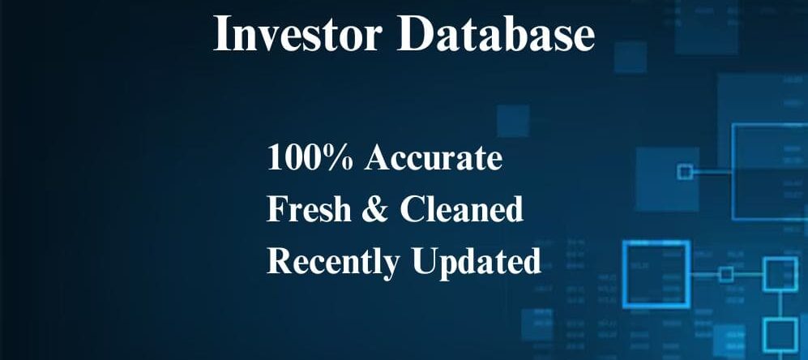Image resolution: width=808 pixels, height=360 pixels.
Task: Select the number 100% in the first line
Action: (310, 157)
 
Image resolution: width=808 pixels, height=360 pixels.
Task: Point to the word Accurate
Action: (433, 157)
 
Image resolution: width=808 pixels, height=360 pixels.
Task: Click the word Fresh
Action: (309, 209)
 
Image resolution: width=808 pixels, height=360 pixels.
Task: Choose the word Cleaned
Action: (461, 209)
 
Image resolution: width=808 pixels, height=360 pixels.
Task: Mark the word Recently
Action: (333, 262)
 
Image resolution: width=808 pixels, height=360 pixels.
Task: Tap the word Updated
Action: (477, 262)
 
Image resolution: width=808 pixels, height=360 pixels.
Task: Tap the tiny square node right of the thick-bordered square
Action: (726, 274)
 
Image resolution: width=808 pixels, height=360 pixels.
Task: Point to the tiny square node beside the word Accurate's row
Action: (685, 172)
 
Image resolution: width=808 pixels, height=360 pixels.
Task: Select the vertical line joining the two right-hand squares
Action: (780, 304)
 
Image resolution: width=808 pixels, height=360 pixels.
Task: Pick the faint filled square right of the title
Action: (631, 58)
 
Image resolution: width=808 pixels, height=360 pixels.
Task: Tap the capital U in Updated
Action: (424, 261)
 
